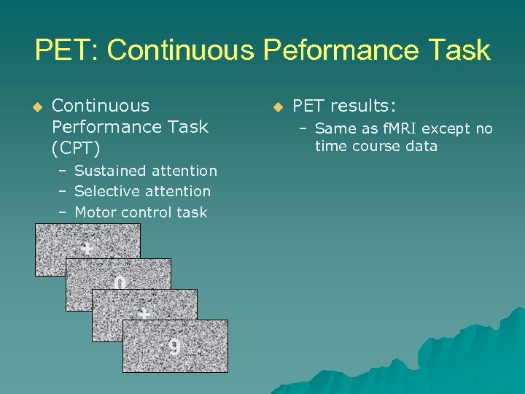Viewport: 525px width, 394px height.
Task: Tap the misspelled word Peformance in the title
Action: (x=339, y=50)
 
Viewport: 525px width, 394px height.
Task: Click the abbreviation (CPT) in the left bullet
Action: (x=75, y=148)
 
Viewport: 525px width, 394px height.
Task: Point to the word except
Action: (x=447, y=129)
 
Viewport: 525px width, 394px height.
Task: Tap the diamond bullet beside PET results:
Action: (x=277, y=107)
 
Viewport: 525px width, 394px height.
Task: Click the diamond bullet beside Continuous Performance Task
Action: (x=38, y=107)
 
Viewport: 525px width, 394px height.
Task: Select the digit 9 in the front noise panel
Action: (x=174, y=347)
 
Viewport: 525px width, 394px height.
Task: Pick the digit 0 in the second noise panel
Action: (x=120, y=283)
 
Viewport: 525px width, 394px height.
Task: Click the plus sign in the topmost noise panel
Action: (x=87, y=250)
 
